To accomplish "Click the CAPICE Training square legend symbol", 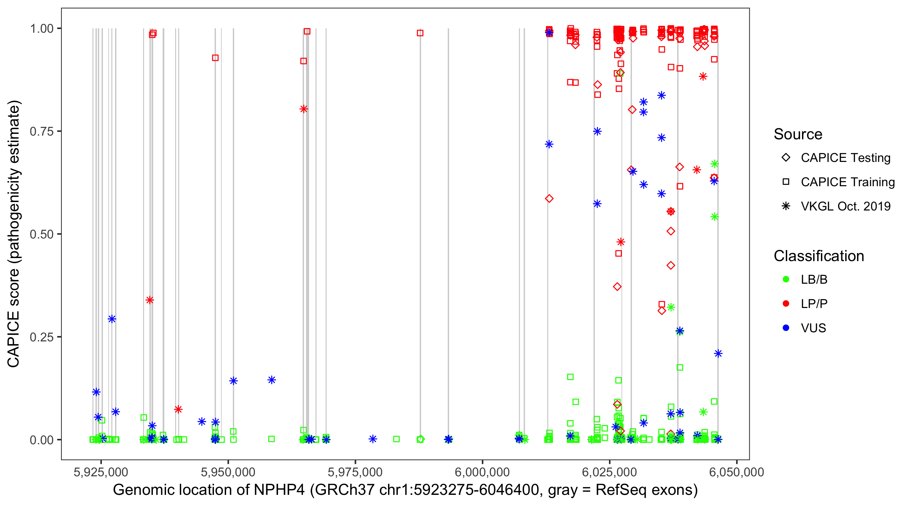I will pyautogui.click(x=786, y=182).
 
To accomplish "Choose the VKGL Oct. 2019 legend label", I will pyautogui.click(x=846, y=206).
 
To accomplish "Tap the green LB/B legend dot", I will pyautogui.click(x=786, y=279).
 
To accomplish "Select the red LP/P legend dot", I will pyautogui.click(x=786, y=304).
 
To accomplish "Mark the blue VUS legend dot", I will pyautogui.click(x=786, y=328).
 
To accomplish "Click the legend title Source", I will pyautogui.click(x=798, y=134).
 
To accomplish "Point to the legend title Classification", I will pyautogui.click(x=819, y=256).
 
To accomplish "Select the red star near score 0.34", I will pyautogui.click(x=149, y=300).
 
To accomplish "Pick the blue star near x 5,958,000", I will pyautogui.click(x=272, y=380).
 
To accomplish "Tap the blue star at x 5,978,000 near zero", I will pyautogui.click(x=373, y=439).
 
